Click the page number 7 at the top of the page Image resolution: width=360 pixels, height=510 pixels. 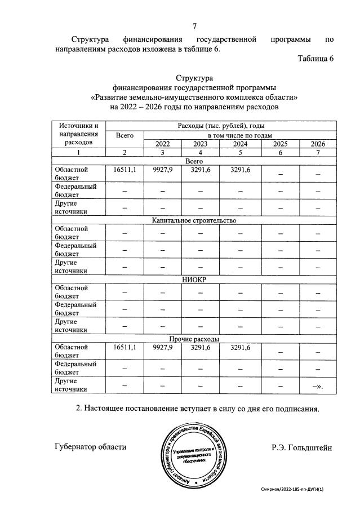pos(194,26)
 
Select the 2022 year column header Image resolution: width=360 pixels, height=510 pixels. pos(162,144)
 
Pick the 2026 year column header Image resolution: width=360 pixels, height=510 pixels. pos(318,144)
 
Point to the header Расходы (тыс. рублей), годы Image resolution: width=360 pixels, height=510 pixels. pos(220,126)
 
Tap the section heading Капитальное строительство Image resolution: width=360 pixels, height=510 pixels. pos(194,220)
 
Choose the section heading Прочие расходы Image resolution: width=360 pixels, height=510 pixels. pos(194,339)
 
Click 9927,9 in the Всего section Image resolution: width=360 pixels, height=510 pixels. pos(162,169)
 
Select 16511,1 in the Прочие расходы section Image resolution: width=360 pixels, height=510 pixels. pos(125,347)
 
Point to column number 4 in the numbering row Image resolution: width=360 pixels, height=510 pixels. pos(201,153)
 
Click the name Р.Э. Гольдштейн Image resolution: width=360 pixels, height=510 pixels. pos(302,447)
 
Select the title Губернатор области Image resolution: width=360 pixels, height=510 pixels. pos(91,447)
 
